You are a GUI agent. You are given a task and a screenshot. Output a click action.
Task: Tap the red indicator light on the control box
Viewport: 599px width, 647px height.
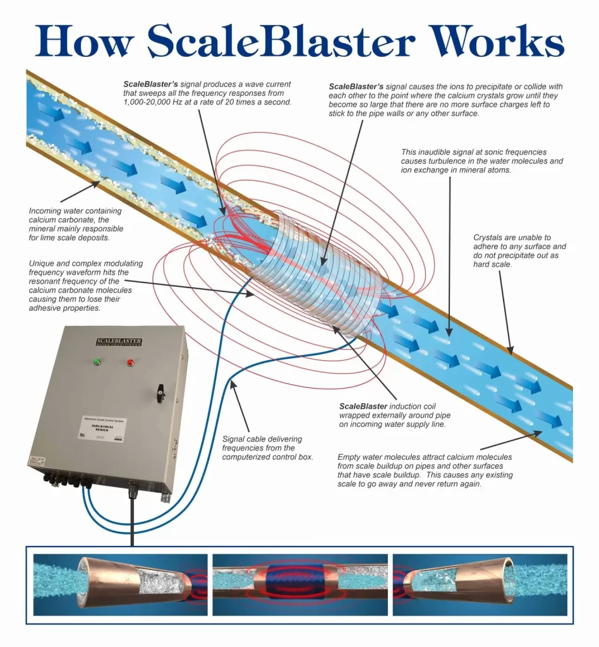(x=131, y=363)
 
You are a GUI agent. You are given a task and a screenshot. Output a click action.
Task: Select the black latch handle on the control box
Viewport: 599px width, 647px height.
(x=159, y=393)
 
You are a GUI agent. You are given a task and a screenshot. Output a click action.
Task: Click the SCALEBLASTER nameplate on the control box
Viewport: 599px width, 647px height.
(x=119, y=342)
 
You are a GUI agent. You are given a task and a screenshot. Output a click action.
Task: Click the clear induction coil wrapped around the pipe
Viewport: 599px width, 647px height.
(x=316, y=272)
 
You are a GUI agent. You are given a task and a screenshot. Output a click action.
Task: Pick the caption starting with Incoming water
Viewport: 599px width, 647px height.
(x=76, y=225)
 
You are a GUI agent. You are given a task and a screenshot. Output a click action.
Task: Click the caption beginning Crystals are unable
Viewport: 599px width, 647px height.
(x=519, y=251)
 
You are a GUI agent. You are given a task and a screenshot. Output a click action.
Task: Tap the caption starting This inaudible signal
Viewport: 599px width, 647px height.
(x=481, y=161)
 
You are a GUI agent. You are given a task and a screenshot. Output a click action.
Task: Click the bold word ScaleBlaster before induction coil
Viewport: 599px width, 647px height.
(x=363, y=406)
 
